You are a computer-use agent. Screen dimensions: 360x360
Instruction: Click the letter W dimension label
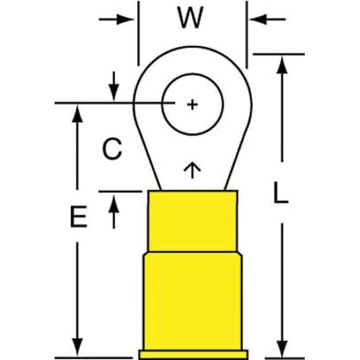(190, 17)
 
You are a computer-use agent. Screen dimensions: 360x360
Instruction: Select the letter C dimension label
(112, 149)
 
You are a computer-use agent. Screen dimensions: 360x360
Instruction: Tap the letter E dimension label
(79, 217)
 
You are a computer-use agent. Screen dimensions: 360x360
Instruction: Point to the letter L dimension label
(281, 193)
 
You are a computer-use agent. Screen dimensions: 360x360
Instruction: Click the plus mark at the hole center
(193, 105)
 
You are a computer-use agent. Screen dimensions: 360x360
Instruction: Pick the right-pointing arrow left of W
(116, 19)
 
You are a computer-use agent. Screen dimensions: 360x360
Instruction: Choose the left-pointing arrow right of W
(268, 19)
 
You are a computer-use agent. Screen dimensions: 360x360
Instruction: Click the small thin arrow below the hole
(192, 170)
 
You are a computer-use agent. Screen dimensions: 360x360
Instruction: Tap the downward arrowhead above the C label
(114, 92)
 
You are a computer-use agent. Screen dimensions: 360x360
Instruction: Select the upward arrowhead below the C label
(114, 203)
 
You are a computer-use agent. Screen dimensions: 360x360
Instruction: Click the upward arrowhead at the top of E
(77, 113)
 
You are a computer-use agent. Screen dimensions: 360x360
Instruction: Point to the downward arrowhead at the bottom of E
(77, 347)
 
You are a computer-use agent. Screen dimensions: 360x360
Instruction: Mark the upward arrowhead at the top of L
(282, 65)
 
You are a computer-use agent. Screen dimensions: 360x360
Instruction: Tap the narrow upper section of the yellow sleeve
(193, 221)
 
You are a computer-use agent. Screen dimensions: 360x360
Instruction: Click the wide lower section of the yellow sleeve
(193, 304)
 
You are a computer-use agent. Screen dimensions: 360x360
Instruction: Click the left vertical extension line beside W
(139, 33)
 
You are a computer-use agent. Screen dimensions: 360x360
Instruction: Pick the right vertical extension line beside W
(247, 35)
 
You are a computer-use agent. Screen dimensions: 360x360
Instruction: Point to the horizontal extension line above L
(279, 54)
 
